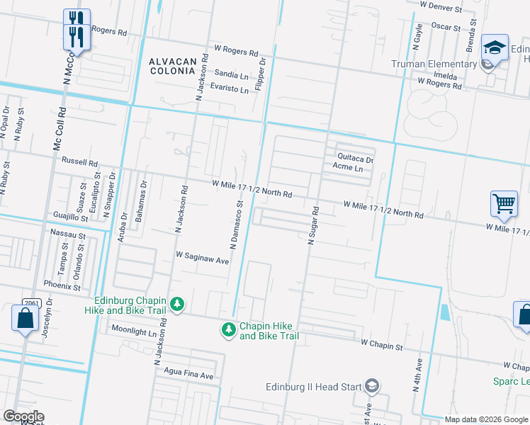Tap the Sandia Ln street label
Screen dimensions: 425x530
point(231,74)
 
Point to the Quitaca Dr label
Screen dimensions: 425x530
point(355,159)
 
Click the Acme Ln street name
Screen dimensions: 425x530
point(347,169)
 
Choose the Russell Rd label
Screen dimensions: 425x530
point(79,161)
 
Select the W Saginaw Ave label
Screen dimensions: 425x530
point(203,257)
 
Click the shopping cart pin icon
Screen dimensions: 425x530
point(503,204)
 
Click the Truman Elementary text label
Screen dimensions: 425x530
point(434,64)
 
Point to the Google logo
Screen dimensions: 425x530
point(23,416)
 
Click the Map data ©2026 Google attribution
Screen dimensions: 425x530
point(486,419)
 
